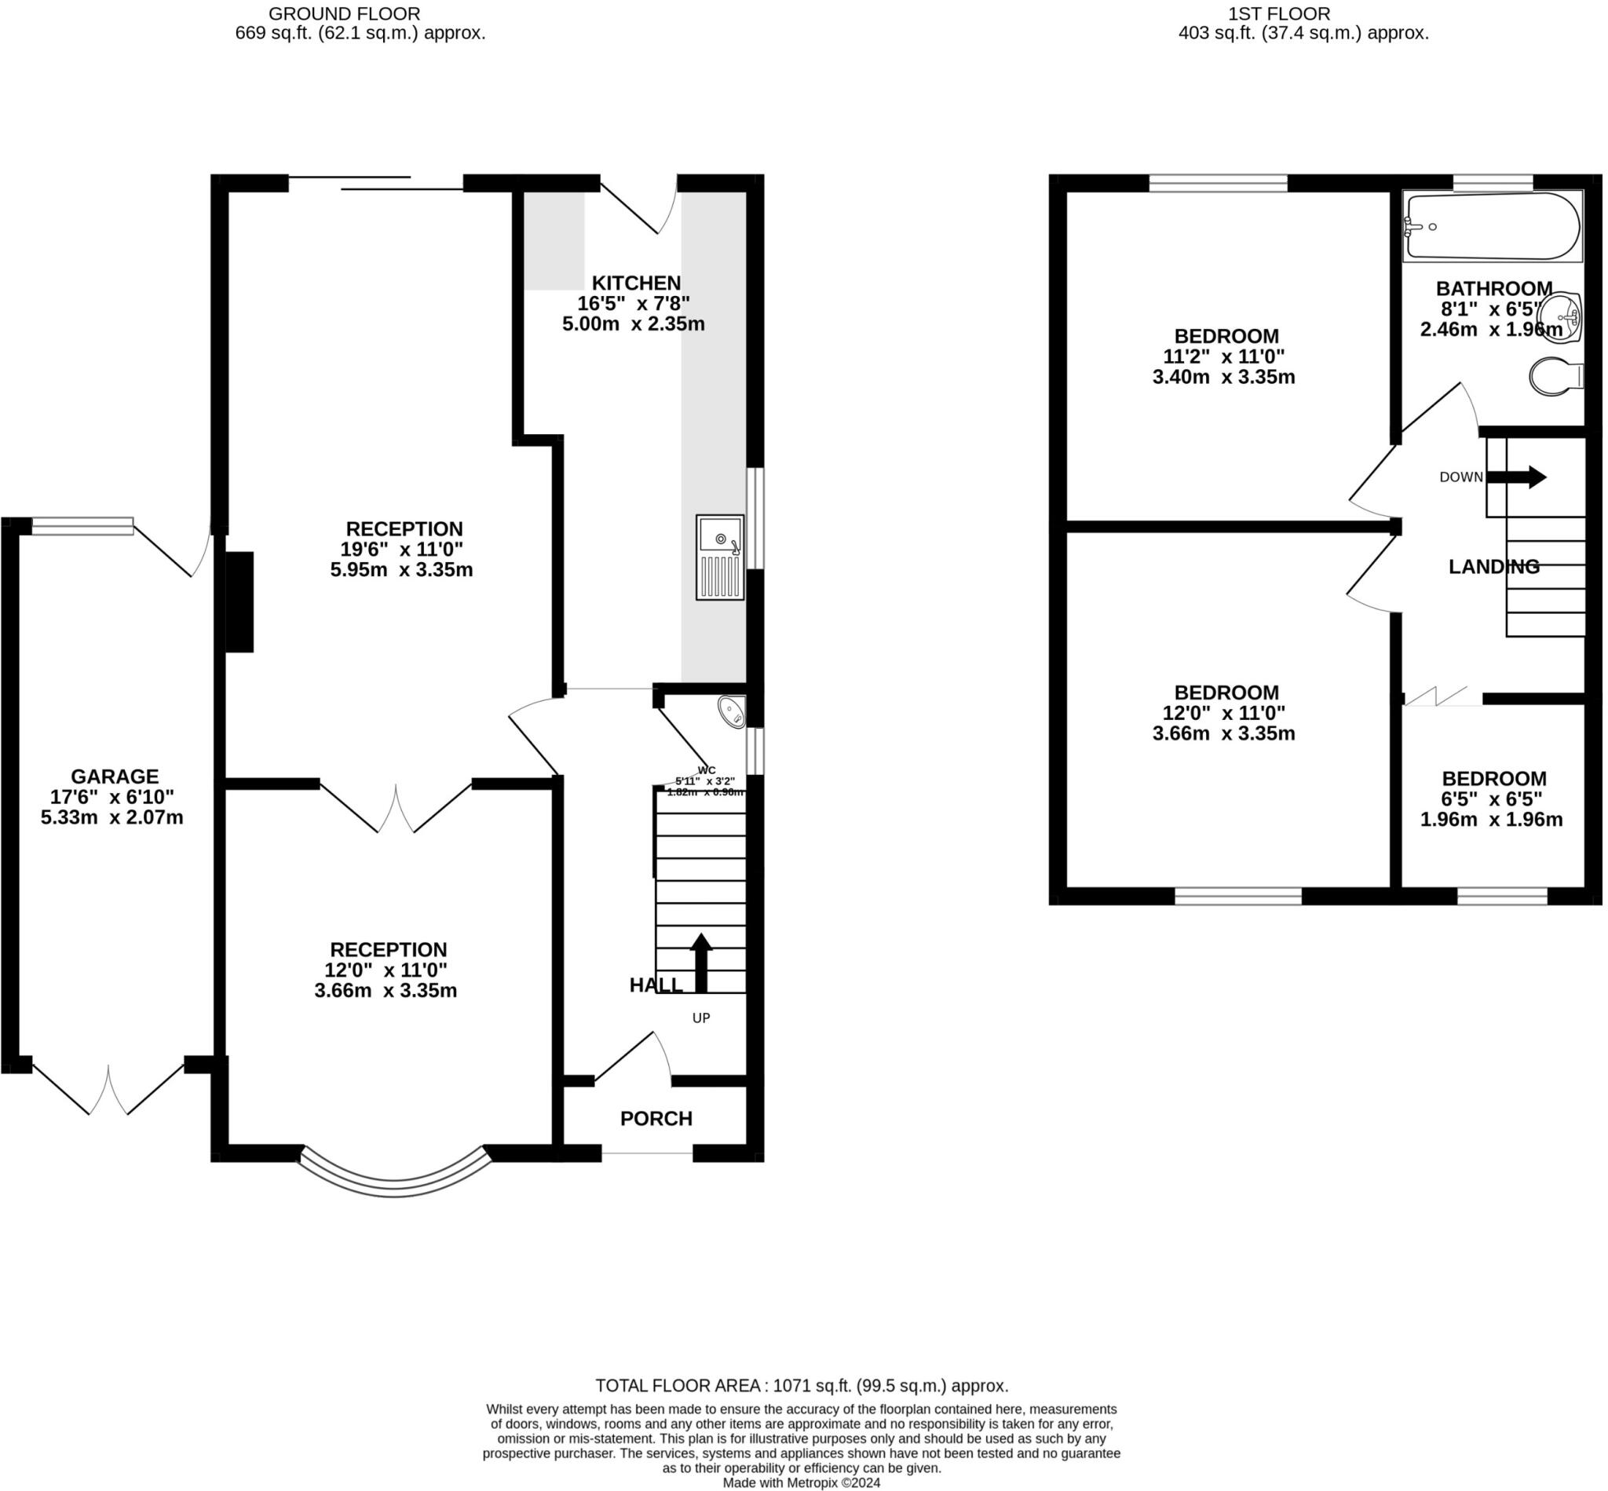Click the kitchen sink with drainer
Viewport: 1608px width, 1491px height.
[719, 557]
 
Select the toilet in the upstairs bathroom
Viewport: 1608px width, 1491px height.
[1555, 376]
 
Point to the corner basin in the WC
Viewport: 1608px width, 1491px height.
[732, 711]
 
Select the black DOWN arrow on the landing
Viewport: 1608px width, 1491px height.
[1516, 477]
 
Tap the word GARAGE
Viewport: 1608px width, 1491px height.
[115, 777]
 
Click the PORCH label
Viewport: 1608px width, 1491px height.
[656, 1118]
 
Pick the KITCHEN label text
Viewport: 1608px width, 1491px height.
[636, 283]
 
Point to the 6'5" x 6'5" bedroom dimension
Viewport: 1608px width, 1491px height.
[1493, 798]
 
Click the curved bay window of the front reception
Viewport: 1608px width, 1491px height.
[394, 1182]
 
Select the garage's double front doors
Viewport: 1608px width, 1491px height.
[108, 1089]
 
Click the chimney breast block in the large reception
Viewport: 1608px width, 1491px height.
[239, 601]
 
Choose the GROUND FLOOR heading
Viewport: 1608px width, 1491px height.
[344, 13]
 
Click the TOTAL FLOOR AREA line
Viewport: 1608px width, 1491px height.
[801, 1385]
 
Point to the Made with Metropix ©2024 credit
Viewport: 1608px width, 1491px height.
[801, 1482]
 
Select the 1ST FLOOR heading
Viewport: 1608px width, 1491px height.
[1279, 13]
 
